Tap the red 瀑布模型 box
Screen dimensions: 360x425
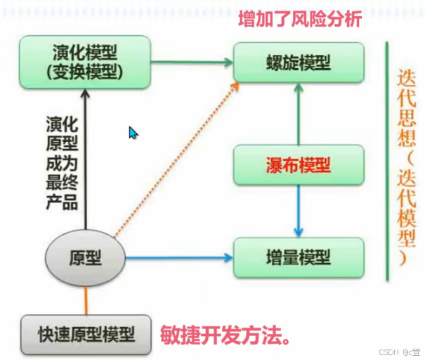click(299, 165)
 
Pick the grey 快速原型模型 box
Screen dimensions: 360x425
click(86, 334)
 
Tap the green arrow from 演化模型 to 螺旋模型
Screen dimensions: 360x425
click(192, 63)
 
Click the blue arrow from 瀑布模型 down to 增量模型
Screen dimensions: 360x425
click(299, 211)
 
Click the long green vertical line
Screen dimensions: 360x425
click(386, 162)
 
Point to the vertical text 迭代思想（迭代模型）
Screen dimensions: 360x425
click(407, 169)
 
